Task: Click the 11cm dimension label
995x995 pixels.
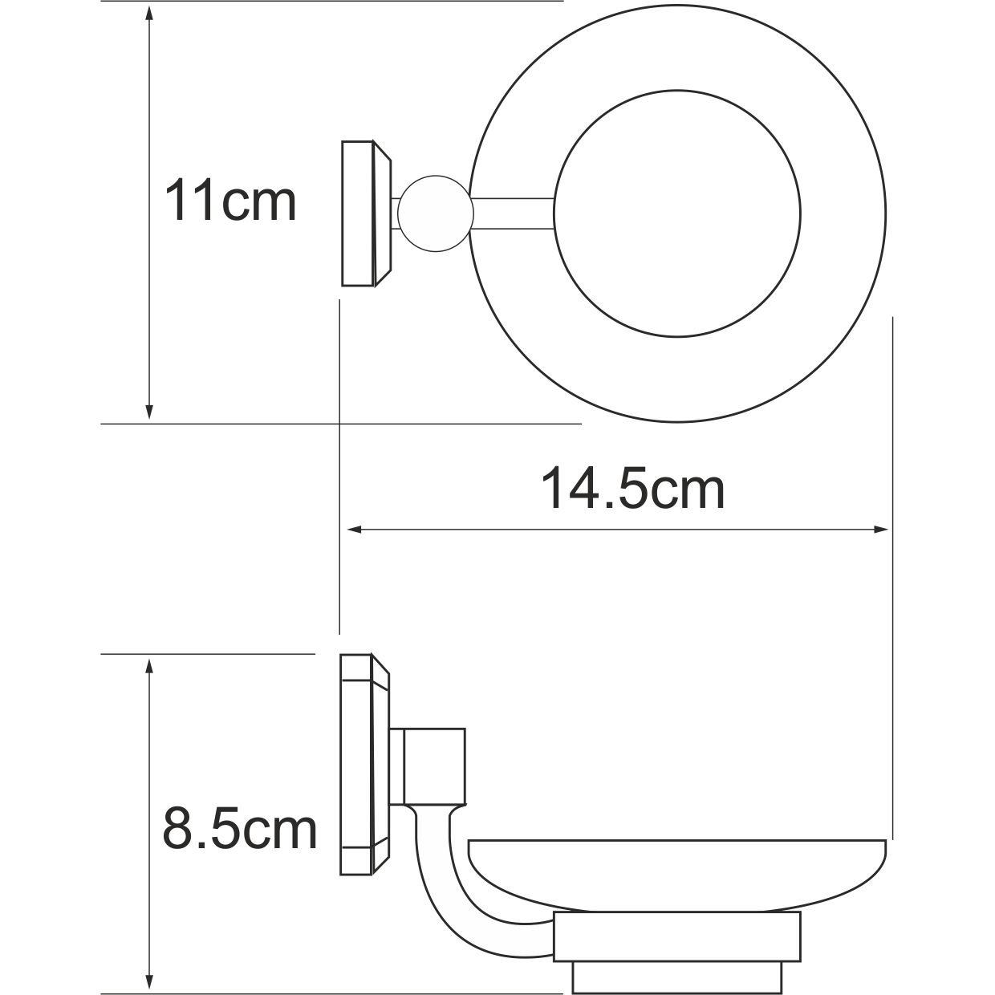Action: point(230,201)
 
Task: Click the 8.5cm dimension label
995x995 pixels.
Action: point(240,829)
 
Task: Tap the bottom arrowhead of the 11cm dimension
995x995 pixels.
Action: point(148,412)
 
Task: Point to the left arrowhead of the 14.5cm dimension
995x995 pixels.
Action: point(353,530)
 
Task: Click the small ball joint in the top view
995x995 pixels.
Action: point(433,213)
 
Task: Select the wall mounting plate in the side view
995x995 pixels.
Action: point(363,764)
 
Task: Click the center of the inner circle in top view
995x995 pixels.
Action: point(678,213)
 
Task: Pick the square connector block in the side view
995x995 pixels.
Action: point(434,767)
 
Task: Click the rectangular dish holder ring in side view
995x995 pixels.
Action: point(678,936)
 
